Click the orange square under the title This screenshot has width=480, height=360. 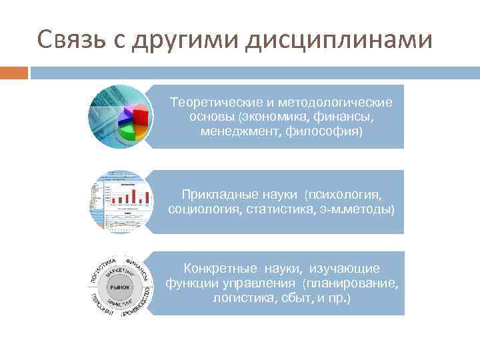pyautogui.click(x=14, y=72)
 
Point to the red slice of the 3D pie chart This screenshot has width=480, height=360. pyautogui.click(x=140, y=119)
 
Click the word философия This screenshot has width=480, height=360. pyautogui.click(x=324, y=131)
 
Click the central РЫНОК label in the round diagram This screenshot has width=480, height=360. pyautogui.click(x=121, y=286)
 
